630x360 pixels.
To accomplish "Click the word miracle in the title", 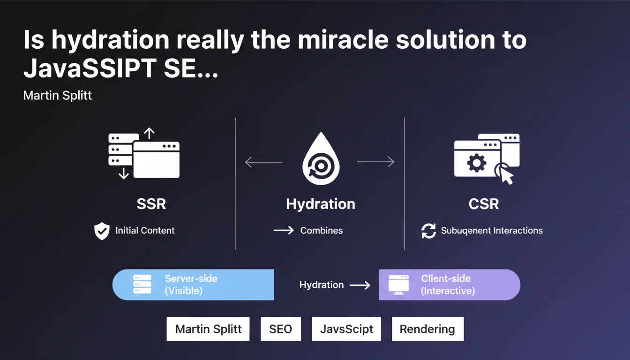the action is click(343, 40).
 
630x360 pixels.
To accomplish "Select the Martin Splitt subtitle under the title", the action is click(57, 95).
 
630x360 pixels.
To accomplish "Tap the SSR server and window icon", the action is click(144, 154).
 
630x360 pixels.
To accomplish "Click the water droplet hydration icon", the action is click(321, 158).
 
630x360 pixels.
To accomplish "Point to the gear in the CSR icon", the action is click(476, 163).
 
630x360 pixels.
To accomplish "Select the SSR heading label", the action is click(151, 204).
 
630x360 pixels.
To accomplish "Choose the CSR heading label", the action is click(484, 204).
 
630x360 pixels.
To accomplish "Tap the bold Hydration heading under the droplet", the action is click(321, 204).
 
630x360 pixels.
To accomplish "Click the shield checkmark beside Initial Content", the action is click(102, 231).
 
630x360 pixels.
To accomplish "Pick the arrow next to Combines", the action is click(284, 230).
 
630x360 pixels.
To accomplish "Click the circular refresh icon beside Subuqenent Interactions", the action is click(428, 231).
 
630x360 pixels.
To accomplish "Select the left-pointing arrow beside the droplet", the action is click(263, 162).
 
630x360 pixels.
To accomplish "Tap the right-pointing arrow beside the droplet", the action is click(376, 162).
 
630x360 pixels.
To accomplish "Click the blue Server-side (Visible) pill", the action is click(193, 285).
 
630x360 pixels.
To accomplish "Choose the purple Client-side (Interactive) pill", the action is click(450, 285).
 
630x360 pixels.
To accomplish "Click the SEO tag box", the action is click(281, 329).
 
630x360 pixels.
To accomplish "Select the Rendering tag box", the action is click(428, 329).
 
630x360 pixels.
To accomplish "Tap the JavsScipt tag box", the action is click(346, 329).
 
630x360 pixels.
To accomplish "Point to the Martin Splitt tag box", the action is click(208, 329).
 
